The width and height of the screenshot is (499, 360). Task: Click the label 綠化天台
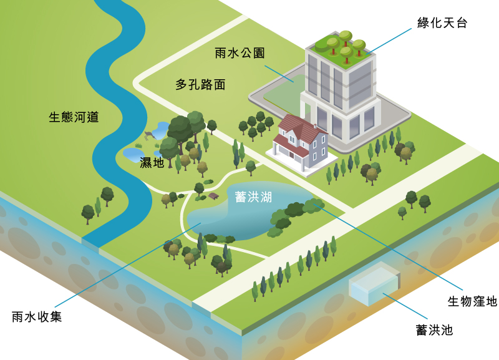pos(442,23)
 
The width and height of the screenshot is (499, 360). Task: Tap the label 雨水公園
pos(240,53)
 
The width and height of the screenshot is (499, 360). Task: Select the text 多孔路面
pos(200,85)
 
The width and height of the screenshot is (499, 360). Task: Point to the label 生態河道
pos(74,117)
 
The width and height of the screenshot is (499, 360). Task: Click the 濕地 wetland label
pos(152,163)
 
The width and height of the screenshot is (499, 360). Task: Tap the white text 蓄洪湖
pos(253,197)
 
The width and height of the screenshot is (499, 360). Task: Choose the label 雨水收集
pos(37,317)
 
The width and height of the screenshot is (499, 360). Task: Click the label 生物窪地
pos(472,301)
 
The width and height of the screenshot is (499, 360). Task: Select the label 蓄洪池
pos(434,330)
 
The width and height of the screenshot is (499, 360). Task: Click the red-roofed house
pos(301,144)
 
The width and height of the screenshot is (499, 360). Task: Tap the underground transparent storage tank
pos(374,284)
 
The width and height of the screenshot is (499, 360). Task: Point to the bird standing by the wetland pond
pos(150,135)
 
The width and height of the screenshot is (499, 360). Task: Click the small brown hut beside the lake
pos(213,196)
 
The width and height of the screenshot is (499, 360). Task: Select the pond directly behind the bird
pos(161,130)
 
